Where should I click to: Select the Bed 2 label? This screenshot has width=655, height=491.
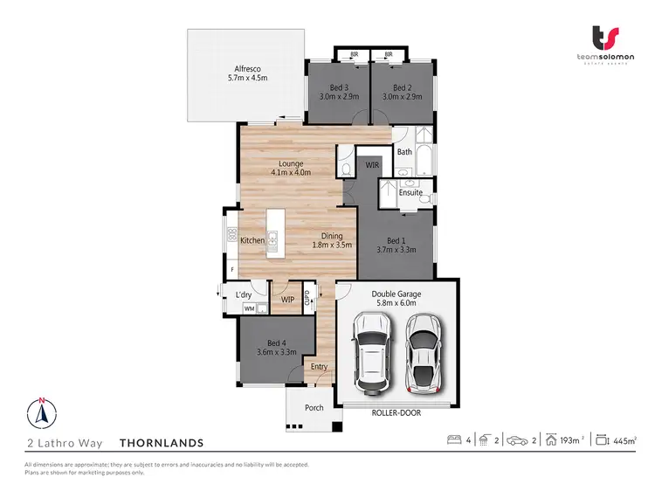pos(402,92)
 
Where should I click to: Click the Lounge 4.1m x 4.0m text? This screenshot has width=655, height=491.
pos(291,168)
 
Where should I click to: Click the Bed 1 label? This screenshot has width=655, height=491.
pos(396,245)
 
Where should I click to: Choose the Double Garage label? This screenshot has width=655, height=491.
pos(396,300)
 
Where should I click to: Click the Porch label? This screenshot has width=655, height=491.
pos(314,407)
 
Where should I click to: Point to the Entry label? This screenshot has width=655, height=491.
pos(319,367)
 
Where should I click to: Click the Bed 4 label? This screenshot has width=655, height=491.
pos(277,347)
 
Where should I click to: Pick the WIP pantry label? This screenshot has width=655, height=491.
pos(287,300)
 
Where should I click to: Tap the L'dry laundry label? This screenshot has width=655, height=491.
pos(244,294)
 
